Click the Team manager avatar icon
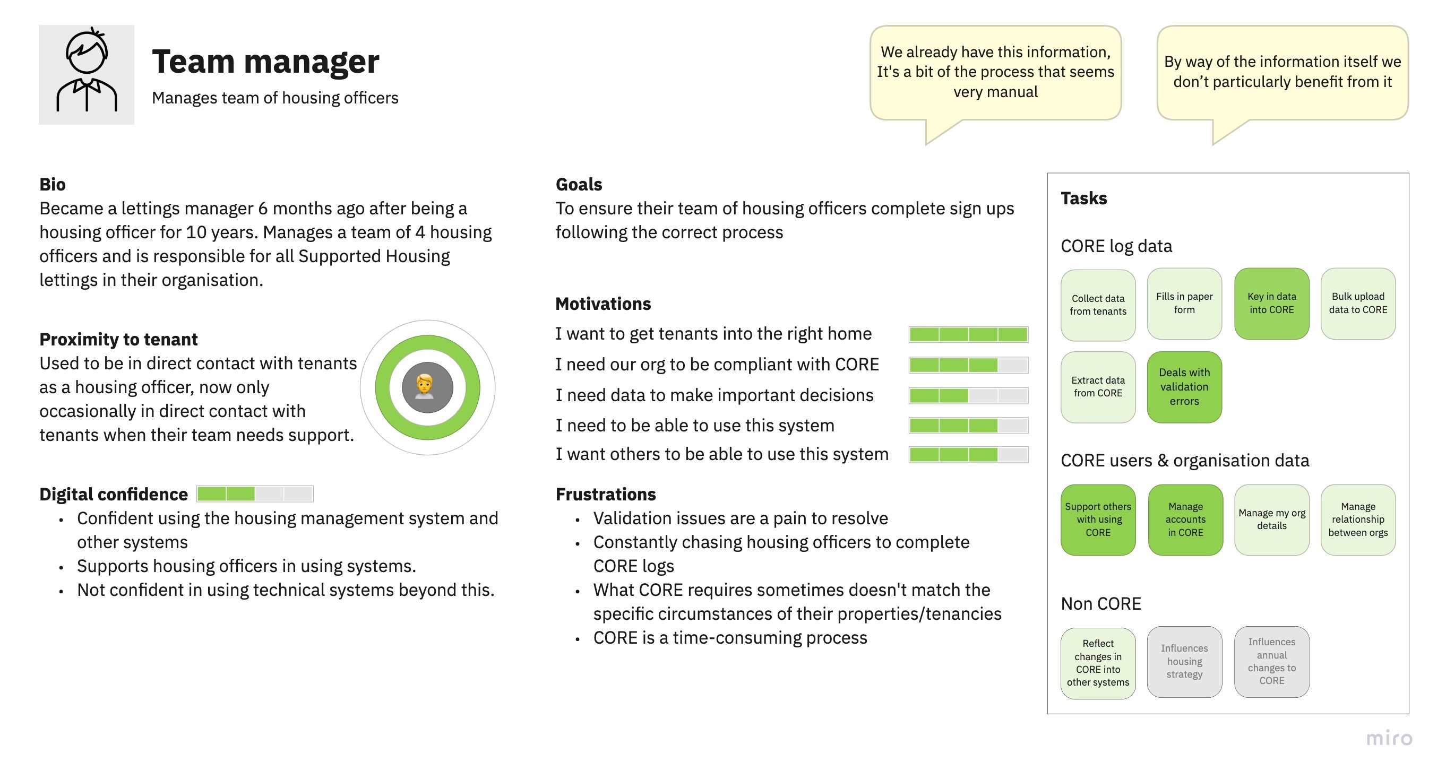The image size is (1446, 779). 87,74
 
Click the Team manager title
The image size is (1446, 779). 265,61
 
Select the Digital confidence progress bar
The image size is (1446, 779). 255,494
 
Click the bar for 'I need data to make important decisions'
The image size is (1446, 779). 968,395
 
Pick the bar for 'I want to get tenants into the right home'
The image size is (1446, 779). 968,334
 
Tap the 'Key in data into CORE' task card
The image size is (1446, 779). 1271,303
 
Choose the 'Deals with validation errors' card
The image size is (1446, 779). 1184,387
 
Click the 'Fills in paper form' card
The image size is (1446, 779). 1184,303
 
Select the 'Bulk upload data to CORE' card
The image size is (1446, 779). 1358,303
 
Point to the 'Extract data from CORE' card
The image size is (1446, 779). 1098,387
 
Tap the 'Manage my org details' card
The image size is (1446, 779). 1271,520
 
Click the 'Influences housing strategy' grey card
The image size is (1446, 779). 1184,662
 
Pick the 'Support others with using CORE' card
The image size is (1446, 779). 1098,520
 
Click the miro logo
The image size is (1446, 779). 1389,738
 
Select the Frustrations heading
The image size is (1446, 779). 606,494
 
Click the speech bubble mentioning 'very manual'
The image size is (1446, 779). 995,73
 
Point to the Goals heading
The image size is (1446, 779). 579,184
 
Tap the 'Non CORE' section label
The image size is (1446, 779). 1101,603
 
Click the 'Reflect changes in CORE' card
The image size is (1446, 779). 1098,663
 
